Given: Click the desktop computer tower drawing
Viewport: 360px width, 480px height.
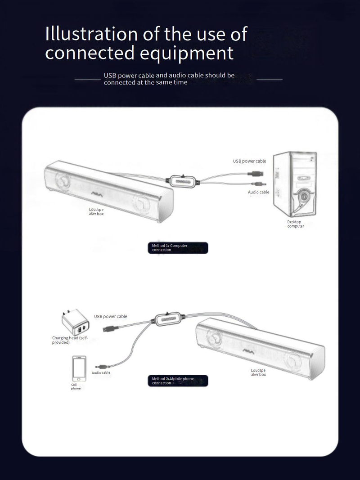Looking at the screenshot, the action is click(x=294, y=184).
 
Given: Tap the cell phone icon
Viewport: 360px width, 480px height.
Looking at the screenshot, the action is click(x=79, y=368).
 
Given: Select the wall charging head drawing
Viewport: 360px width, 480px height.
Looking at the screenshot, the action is click(x=75, y=322).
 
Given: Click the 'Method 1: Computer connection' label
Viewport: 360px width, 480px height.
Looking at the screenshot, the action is click(x=178, y=248).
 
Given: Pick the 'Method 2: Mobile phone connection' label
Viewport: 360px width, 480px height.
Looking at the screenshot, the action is click(x=178, y=381).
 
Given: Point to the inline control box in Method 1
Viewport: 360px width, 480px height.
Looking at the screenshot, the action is click(x=183, y=181).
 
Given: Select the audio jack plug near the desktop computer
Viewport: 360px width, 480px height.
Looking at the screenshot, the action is click(x=259, y=184).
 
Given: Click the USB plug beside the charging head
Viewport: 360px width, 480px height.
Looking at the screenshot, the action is click(x=111, y=329).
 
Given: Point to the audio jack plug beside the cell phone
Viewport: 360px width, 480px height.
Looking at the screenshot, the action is click(x=102, y=366).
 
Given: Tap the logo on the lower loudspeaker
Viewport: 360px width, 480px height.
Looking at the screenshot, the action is click(x=249, y=350).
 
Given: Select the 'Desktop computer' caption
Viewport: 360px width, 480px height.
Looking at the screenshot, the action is click(x=296, y=224).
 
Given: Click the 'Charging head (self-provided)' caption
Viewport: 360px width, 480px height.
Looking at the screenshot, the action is click(x=70, y=340).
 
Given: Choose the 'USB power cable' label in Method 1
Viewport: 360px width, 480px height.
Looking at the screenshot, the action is click(x=249, y=161).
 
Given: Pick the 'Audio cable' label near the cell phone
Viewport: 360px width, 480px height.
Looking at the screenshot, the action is click(x=101, y=372).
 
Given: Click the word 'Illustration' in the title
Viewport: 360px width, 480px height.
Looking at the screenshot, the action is click(x=91, y=34).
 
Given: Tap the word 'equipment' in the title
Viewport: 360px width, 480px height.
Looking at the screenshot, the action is click(x=187, y=53).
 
